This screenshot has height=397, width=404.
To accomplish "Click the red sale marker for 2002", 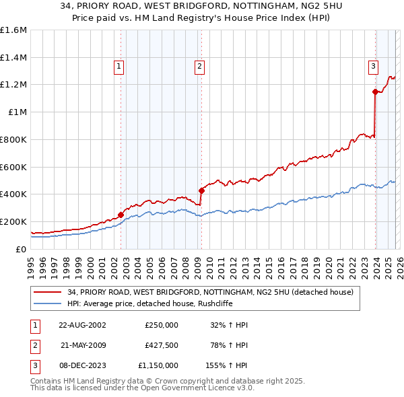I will coord(121,215).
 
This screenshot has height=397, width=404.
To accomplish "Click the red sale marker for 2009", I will coord(201,190).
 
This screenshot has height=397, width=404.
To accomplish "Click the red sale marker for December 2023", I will coord(374,92).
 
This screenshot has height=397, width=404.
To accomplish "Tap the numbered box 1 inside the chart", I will coord(119,66).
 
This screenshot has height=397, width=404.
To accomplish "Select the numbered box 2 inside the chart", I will coord(200,66).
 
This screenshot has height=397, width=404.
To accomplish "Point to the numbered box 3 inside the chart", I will coord(372,66).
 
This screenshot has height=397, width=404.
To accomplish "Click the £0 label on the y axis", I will coord(21,249).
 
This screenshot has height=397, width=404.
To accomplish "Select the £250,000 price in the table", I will coord(161,325).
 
